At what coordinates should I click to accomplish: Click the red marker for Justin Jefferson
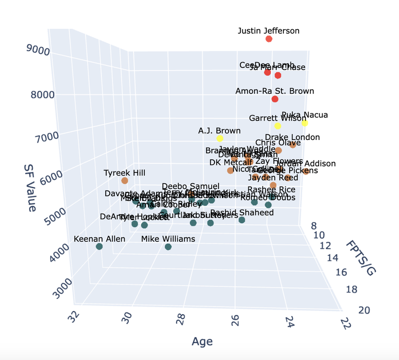click(269, 39)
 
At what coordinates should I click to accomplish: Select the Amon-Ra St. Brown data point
click(275, 99)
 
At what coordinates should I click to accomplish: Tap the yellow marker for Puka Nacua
click(305, 123)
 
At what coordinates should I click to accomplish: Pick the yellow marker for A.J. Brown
click(220, 138)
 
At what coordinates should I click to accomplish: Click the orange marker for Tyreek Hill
click(125, 180)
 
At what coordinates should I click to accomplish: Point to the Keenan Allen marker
click(99, 246)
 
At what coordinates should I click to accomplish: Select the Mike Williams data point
click(168, 247)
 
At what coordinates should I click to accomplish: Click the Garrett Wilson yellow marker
click(278, 126)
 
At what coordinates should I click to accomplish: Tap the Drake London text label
click(292, 137)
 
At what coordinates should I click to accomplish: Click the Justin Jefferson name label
click(269, 31)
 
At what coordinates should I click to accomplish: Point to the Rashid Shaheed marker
click(242, 220)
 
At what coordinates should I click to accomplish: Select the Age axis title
click(202, 341)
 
